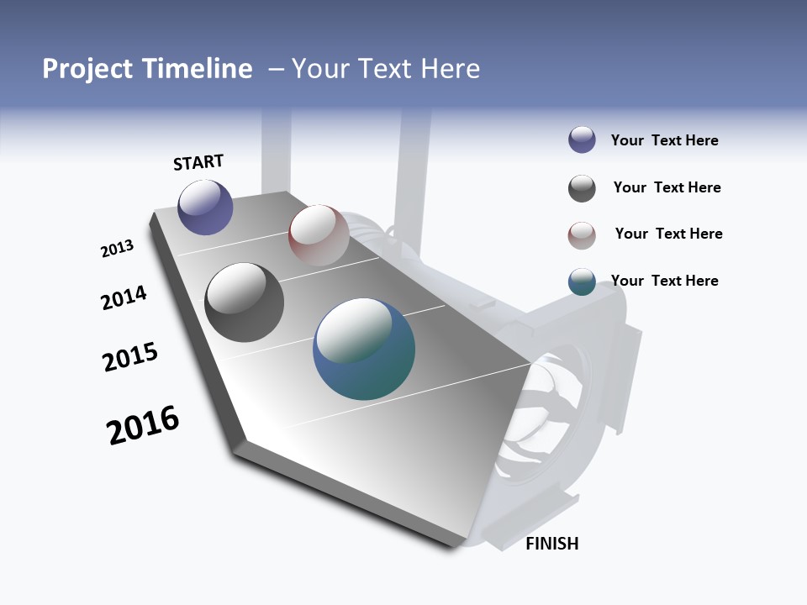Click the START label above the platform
(x=198, y=162)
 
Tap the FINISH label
(x=551, y=544)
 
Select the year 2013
(x=117, y=249)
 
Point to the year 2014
(x=124, y=298)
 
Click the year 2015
(x=130, y=357)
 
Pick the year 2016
(x=143, y=425)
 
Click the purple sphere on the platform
(x=205, y=207)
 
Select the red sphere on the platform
(x=319, y=235)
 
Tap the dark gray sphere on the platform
(x=244, y=302)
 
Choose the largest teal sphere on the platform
(x=364, y=349)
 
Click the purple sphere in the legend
(x=582, y=140)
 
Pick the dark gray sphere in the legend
(x=582, y=188)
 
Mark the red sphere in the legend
(x=582, y=235)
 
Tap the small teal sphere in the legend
(x=582, y=282)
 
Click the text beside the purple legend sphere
(x=664, y=140)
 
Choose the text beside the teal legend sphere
(x=664, y=281)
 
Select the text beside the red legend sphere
(x=668, y=234)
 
